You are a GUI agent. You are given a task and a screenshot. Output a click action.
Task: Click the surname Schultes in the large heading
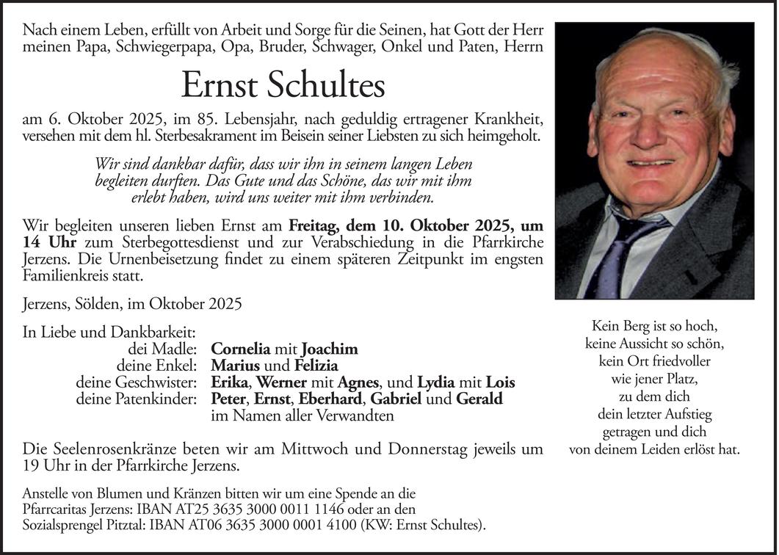coord(326,87)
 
